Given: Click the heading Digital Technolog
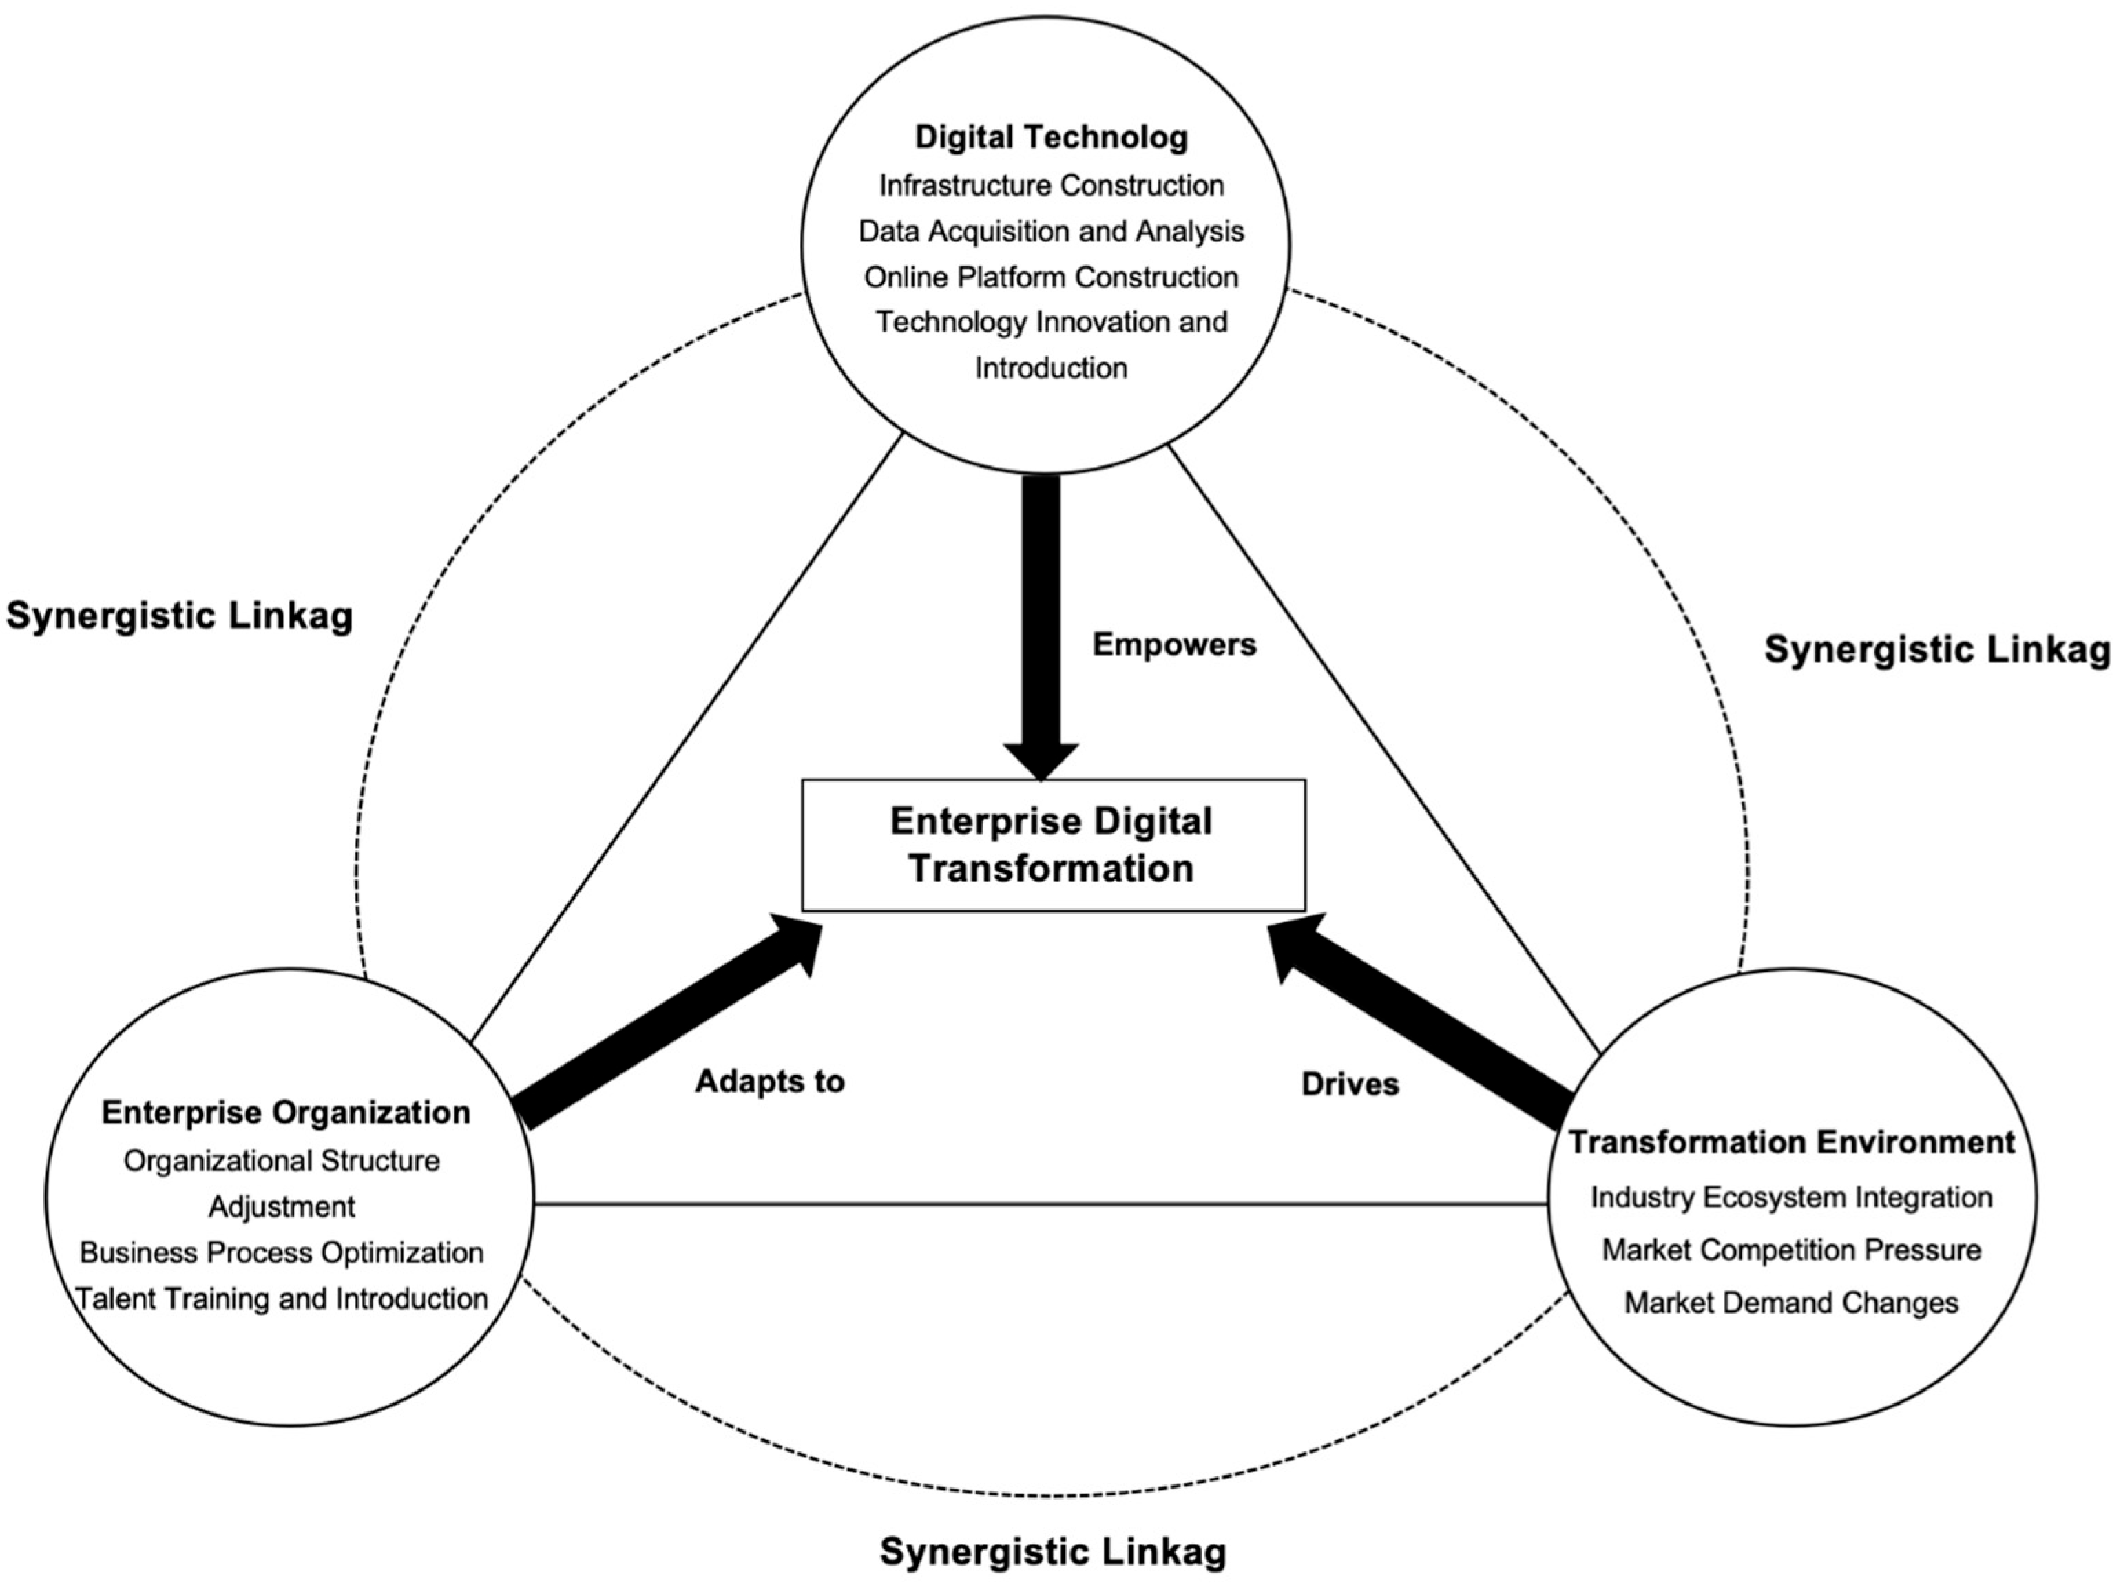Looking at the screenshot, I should point(1051,137).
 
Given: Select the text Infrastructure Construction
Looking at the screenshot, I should point(1051,185).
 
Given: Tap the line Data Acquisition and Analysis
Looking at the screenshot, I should point(1051,231).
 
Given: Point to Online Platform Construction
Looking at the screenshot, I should point(1051,277).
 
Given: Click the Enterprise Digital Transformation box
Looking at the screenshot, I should point(1053,845).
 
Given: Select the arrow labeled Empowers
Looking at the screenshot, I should point(1041,623).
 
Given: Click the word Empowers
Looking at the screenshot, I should point(1173,644).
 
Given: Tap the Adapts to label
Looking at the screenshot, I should point(769,1082).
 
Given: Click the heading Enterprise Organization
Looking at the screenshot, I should point(286,1112).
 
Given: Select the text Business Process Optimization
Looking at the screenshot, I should point(281,1252).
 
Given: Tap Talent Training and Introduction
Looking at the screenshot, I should point(281,1299).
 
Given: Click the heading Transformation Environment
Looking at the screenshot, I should point(1791,1142).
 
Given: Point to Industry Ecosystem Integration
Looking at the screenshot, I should point(1791,1197).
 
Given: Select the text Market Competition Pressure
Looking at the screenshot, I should point(1791,1250).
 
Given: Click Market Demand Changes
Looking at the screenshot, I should point(1791,1302).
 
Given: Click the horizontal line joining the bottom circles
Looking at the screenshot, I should point(1041,1204).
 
